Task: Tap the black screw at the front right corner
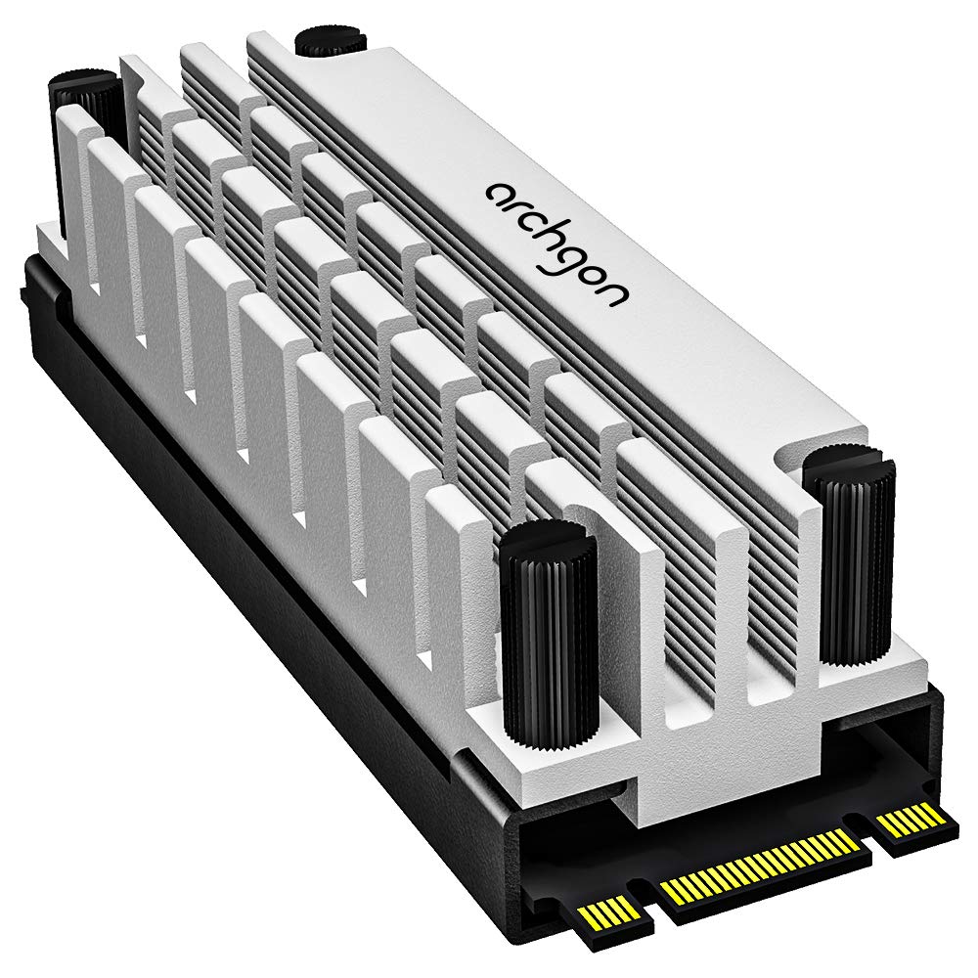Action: coord(849,557)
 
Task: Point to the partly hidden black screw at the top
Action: coord(329,41)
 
